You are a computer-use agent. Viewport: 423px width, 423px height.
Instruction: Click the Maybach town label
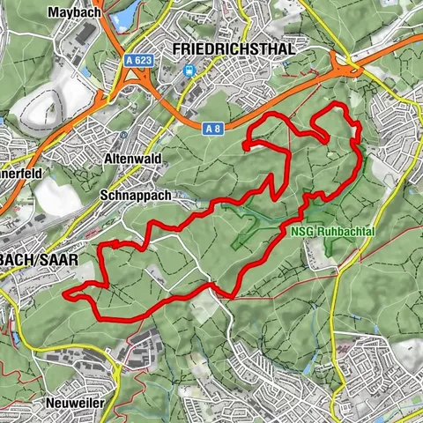click(x=71, y=13)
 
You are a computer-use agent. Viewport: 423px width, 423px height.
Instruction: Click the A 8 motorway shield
click(x=211, y=130)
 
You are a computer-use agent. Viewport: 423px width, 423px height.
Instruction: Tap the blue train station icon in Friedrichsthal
click(x=188, y=70)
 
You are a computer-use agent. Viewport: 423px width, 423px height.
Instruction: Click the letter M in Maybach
click(x=55, y=13)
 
